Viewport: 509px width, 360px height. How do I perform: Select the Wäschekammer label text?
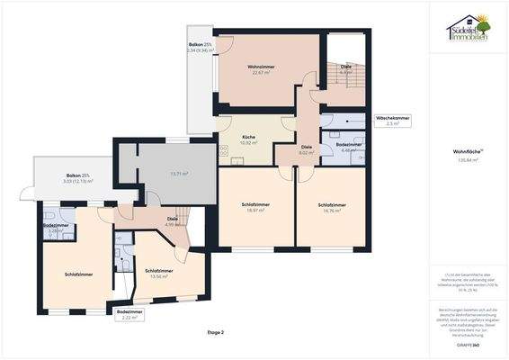pos(392,121)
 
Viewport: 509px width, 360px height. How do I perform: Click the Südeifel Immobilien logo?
pos(468,27)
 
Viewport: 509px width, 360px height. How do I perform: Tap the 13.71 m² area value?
pos(179,173)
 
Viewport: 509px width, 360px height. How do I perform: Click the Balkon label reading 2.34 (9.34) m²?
pos(201,47)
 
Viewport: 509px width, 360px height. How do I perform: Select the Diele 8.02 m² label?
pos(307,149)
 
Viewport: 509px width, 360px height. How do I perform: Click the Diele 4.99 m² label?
pos(172,222)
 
